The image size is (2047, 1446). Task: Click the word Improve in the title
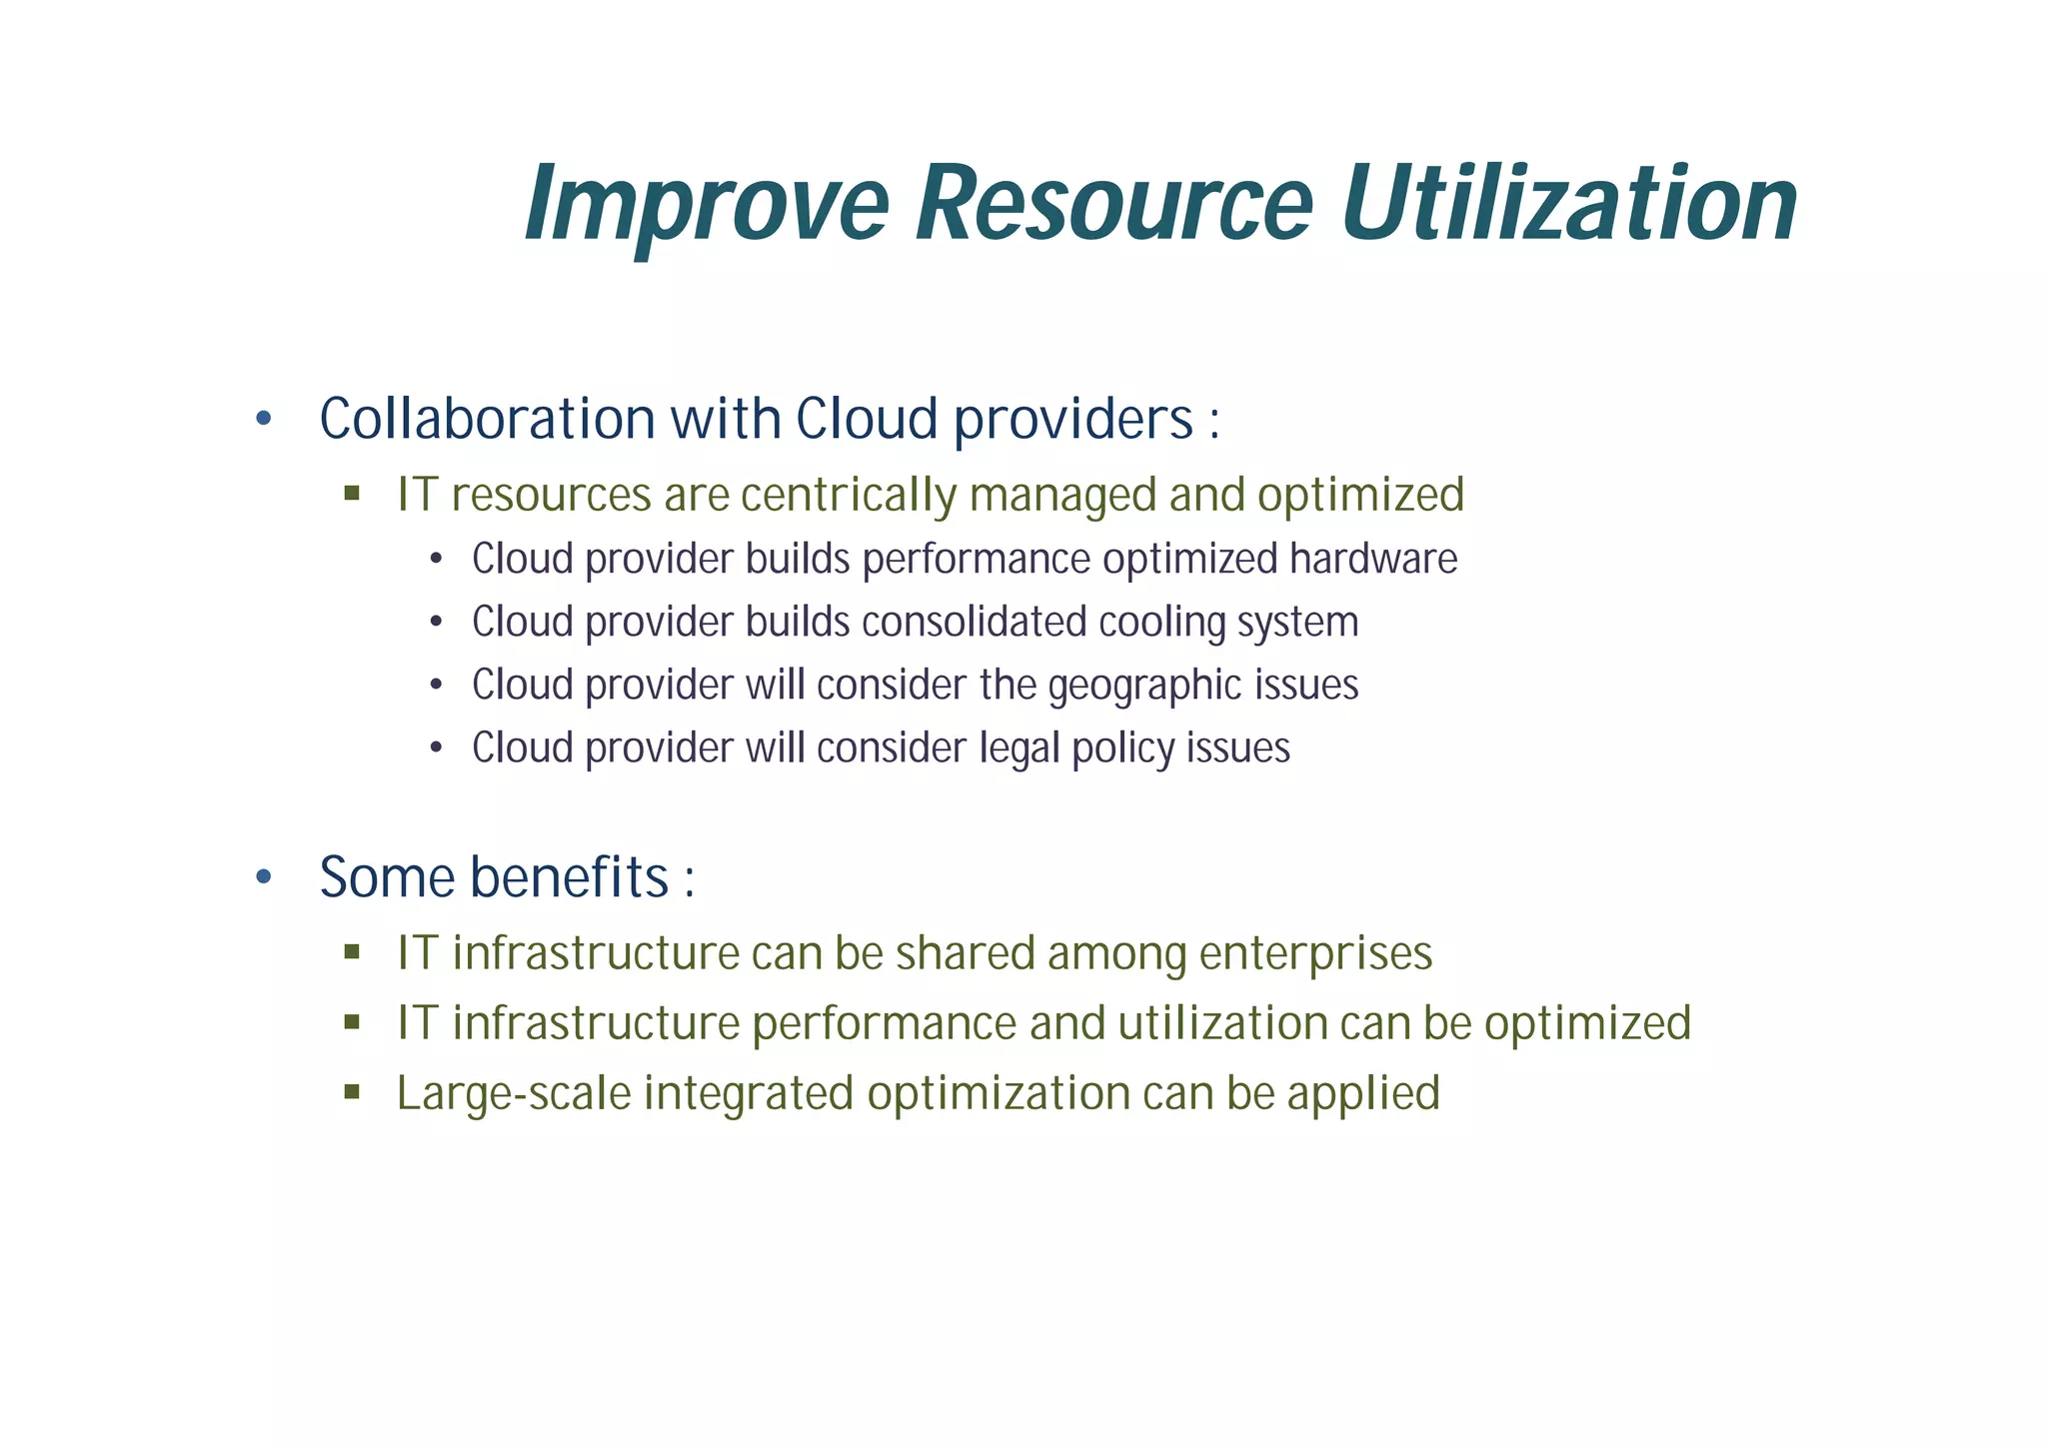(x=706, y=205)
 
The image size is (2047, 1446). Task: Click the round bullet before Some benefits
(x=263, y=878)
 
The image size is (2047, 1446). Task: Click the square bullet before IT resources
(x=351, y=494)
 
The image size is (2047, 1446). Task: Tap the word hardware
(x=1372, y=559)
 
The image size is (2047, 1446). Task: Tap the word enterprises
(x=1315, y=953)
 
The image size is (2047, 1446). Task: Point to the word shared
(x=965, y=953)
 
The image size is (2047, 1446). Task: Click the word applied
(x=1363, y=1093)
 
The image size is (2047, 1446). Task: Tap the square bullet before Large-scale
(x=351, y=1092)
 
